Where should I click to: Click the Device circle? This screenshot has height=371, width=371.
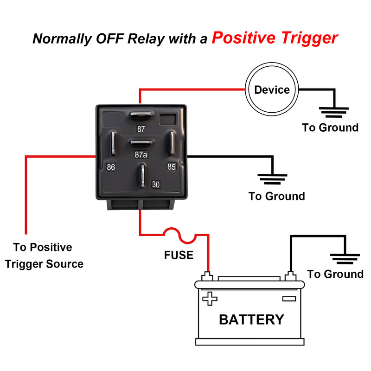tap(272, 90)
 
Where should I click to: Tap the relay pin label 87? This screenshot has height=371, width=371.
tap(141, 129)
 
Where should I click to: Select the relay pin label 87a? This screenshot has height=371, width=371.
tap(141, 155)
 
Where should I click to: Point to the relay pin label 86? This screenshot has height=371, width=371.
tap(111, 167)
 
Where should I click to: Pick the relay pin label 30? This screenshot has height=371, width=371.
tap(156, 185)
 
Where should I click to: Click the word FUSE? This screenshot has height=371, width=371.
tap(179, 255)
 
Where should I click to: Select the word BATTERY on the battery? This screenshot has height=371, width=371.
tap(251, 320)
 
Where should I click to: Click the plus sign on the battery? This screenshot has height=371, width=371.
tap(210, 299)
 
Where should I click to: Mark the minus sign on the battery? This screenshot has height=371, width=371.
tap(289, 299)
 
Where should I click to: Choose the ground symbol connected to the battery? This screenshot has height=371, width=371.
tap(345, 258)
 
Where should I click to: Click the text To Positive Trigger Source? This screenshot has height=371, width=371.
tap(43, 256)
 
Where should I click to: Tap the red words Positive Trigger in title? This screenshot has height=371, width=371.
tap(275, 38)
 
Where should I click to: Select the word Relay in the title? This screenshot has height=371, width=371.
tap(146, 39)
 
